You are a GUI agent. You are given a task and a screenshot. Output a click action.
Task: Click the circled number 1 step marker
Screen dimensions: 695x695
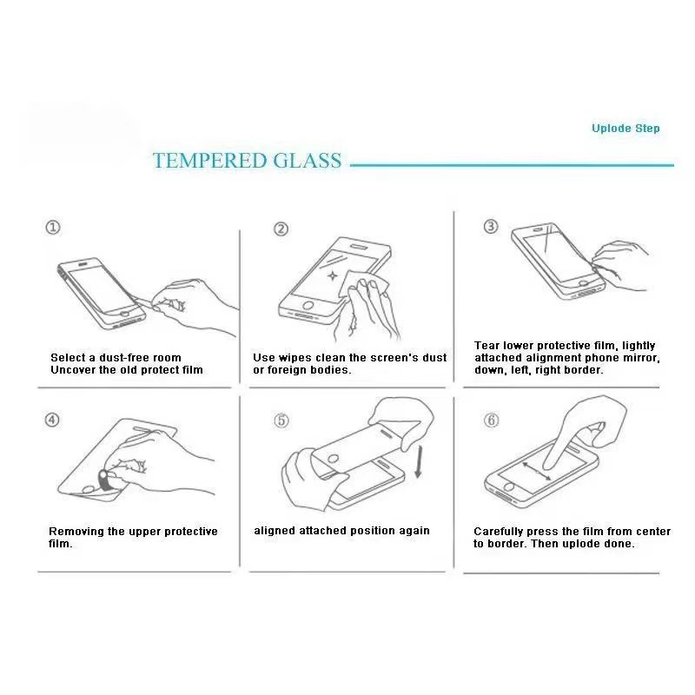pyautogui.click(x=53, y=228)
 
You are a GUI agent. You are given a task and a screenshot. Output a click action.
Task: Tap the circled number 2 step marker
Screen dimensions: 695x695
pyautogui.click(x=281, y=229)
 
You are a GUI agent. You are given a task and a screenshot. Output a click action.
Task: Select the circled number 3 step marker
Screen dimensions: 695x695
pyautogui.click(x=490, y=227)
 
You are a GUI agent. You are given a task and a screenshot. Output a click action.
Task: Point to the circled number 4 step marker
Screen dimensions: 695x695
pyautogui.click(x=52, y=420)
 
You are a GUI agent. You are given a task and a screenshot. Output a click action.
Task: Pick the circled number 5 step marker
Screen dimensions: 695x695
pyautogui.click(x=281, y=420)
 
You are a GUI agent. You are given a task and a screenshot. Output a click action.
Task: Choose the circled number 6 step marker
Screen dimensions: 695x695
pyautogui.click(x=491, y=420)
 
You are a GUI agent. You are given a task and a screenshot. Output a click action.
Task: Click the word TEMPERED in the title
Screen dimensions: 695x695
pyautogui.click(x=209, y=161)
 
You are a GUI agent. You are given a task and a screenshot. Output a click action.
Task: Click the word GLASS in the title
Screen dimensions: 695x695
pyautogui.click(x=308, y=161)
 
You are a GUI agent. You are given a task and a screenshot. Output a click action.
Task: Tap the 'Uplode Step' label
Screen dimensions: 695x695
pyautogui.click(x=625, y=129)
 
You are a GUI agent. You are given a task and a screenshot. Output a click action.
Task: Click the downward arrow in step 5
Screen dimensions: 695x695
pyautogui.click(x=418, y=462)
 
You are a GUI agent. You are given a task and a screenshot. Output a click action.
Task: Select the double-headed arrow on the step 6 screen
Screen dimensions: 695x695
pyautogui.click(x=537, y=472)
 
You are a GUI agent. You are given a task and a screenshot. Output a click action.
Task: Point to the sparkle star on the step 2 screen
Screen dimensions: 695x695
pyautogui.click(x=333, y=276)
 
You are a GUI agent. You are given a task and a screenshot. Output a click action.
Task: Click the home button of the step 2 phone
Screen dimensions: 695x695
pyautogui.click(x=308, y=306)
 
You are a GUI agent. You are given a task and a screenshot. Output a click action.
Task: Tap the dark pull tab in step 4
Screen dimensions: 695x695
pyautogui.click(x=105, y=480)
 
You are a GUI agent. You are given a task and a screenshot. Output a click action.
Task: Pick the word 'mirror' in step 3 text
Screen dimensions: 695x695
pyautogui.click(x=642, y=358)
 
